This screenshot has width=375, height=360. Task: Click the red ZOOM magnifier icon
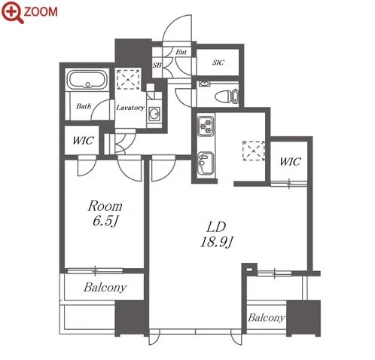(13, 12)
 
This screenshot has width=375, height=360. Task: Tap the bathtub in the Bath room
(87, 80)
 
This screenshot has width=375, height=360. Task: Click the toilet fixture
(226, 96)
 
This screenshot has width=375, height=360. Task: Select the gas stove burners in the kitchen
(206, 126)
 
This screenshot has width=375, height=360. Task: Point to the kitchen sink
(206, 163)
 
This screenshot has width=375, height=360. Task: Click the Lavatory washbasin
(154, 114)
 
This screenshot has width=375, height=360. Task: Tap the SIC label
(218, 63)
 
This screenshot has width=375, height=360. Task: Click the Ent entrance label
(181, 52)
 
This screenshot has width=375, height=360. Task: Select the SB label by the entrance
(157, 65)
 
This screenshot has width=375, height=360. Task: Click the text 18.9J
(217, 242)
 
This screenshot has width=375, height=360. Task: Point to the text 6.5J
(105, 221)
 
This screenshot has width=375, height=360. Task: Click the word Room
(105, 206)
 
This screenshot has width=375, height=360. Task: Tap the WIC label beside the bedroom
(84, 141)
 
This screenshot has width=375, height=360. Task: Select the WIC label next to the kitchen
(291, 162)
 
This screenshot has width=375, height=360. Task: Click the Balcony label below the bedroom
(105, 288)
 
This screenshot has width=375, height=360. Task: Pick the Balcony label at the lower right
(267, 318)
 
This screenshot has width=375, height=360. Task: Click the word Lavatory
(130, 108)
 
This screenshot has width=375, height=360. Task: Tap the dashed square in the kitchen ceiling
(254, 151)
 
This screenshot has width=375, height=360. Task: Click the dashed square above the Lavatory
(128, 80)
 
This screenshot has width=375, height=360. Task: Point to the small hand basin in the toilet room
(205, 84)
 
